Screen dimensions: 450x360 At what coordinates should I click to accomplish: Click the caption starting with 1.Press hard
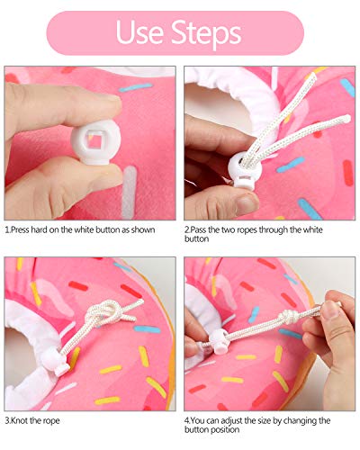pyautogui.click(x=80, y=229)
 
